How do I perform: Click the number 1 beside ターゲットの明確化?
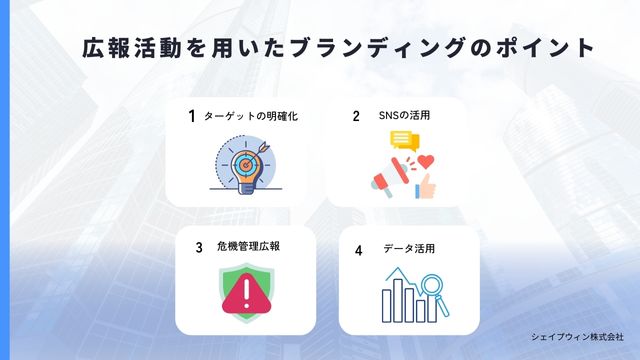tap(191, 116)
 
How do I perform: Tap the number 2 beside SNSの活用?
tap(355, 116)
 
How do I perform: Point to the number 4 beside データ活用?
tap(358, 250)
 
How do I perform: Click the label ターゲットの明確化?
tap(250, 116)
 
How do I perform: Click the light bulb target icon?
tap(244, 163)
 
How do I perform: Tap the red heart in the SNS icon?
tap(426, 159)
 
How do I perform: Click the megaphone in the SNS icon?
tap(384, 181)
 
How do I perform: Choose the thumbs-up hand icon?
tap(424, 183)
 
